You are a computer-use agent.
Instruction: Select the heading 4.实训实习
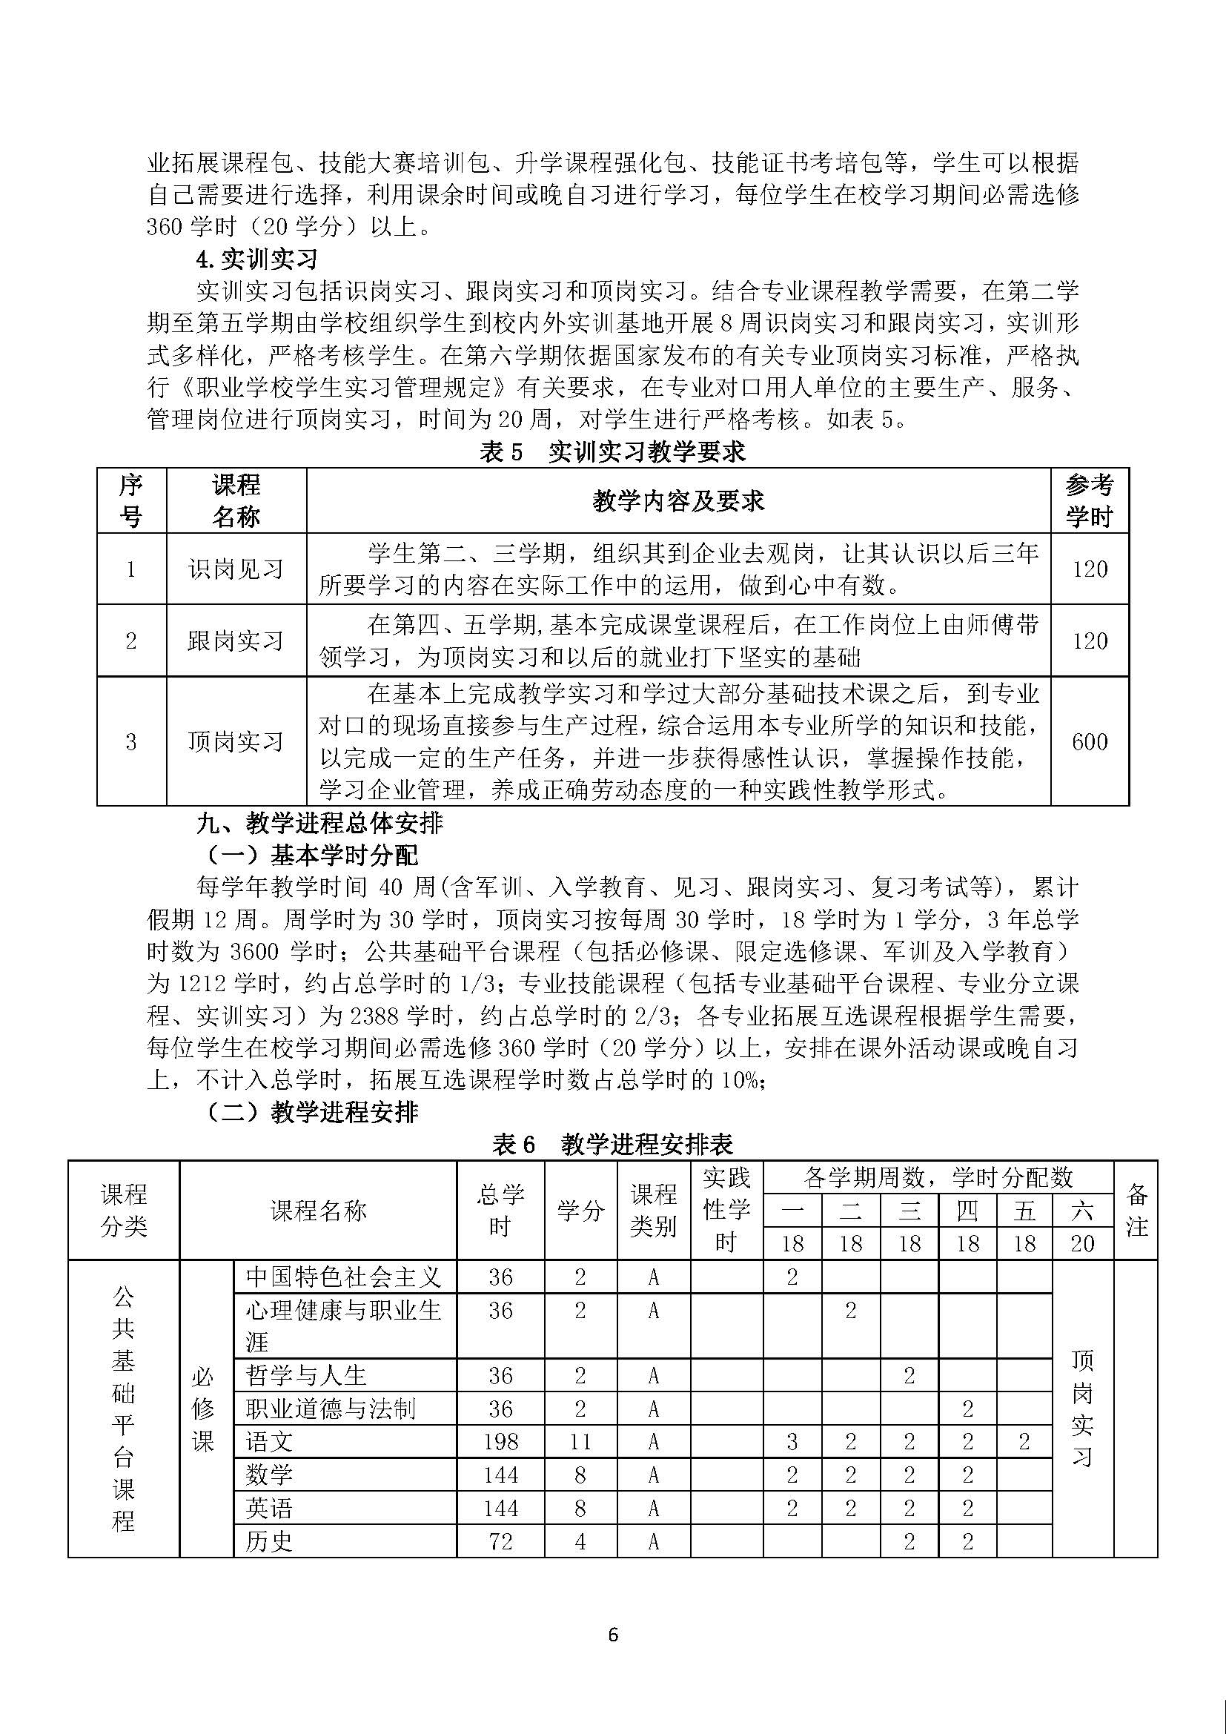coord(256,259)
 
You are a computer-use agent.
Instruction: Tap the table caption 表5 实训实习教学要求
coord(612,451)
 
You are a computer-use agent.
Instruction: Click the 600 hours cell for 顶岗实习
coord(1090,741)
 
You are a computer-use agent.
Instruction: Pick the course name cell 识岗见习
coord(236,569)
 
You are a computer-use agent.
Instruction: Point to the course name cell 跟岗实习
coord(236,641)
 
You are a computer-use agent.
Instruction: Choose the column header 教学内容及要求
coord(678,500)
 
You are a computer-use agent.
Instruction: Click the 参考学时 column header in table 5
coord(1090,500)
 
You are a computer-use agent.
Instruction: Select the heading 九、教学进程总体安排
coord(319,823)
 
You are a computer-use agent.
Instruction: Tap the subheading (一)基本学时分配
coord(311,855)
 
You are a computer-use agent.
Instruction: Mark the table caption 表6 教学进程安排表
coord(612,1145)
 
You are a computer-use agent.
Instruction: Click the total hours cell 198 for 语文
coord(500,1442)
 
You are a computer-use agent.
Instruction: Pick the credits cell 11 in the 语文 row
coord(580,1442)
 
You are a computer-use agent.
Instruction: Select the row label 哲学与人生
coord(307,1375)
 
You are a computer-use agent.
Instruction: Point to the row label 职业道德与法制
coord(331,1409)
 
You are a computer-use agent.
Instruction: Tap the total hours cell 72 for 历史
coord(500,1541)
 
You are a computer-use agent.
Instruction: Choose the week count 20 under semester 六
coord(1082,1243)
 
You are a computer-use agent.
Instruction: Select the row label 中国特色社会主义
coord(342,1277)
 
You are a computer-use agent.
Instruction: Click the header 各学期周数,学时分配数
coord(938,1177)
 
